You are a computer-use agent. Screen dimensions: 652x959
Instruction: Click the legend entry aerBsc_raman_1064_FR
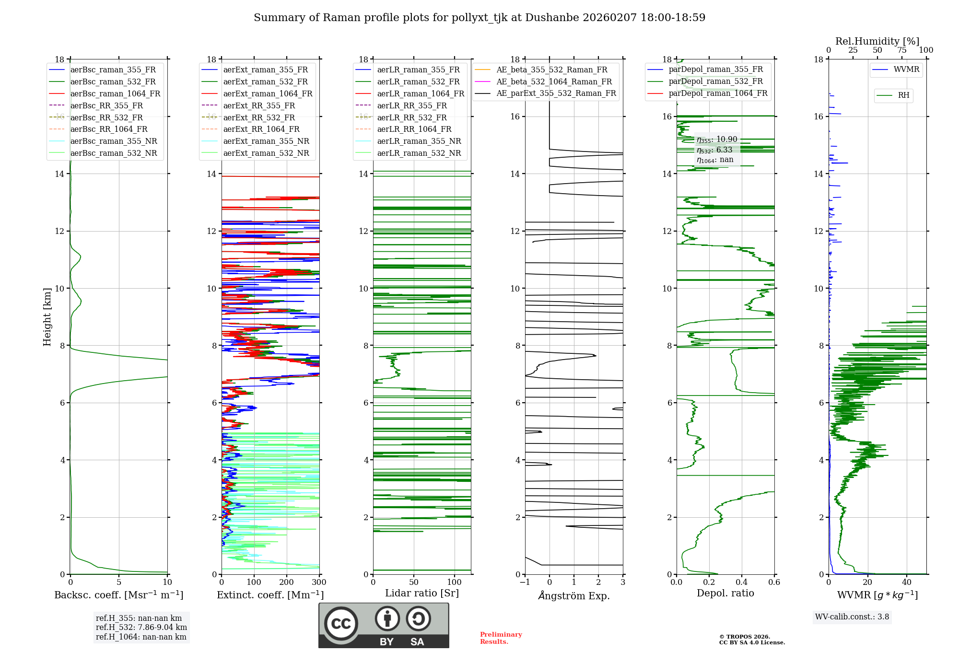coord(115,93)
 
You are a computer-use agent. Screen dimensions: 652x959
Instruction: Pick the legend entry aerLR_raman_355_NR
coord(419,141)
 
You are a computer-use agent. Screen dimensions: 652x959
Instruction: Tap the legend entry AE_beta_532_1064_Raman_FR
coord(554,81)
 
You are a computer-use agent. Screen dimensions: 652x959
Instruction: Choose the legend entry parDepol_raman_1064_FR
coord(718,93)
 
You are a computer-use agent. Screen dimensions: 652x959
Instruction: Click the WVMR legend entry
coord(906,70)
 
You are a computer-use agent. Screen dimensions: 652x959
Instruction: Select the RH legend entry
coord(903,95)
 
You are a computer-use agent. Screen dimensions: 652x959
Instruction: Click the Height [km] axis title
coord(47,317)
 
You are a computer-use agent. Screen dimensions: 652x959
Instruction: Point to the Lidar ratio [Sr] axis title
coord(422,593)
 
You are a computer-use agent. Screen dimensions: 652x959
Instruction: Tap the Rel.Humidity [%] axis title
coord(877,41)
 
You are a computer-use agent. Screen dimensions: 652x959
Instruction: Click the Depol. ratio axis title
coord(725,593)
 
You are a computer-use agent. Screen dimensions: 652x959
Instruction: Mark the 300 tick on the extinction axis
coord(319,582)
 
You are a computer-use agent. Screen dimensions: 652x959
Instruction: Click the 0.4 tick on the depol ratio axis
coord(741,582)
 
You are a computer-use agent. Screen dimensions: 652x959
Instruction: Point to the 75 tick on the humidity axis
coord(902,50)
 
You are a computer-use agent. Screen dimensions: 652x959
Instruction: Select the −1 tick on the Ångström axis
coord(525,582)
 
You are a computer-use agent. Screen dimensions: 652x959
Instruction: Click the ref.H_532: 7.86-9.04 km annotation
coord(141,627)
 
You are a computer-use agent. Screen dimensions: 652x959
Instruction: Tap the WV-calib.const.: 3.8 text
coord(852,617)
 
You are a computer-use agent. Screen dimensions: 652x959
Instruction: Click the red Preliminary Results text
coord(501,638)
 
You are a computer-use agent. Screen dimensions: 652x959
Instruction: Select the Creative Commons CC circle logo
coord(341,624)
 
